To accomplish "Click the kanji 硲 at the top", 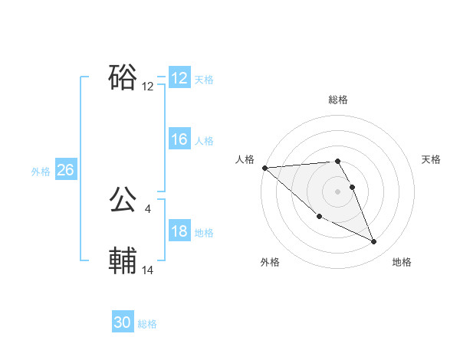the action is click(x=123, y=77).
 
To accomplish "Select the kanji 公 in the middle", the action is click(x=123, y=201).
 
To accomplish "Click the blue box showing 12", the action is click(x=179, y=78).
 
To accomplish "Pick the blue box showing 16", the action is click(x=179, y=139).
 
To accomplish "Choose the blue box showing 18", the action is click(x=179, y=231).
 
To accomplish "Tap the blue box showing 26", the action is click(x=65, y=170).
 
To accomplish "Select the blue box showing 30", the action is click(x=122, y=322).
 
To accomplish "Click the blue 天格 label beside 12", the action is click(x=204, y=80).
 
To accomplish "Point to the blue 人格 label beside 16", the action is click(x=204, y=141).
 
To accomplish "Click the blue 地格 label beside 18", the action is click(x=204, y=233).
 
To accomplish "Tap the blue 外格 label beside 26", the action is click(x=41, y=172).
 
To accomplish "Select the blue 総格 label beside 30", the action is click(x=147, y=324).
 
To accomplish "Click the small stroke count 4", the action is click(x=147, y=208).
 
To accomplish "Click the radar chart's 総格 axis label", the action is click(x=337, y=100).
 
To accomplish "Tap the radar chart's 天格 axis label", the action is click(x=431, y=159).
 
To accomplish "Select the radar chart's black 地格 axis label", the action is click(x=402, y=262).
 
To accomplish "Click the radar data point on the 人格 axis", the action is click(x=264, y=168).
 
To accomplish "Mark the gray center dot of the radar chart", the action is click(x=337, y=191).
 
